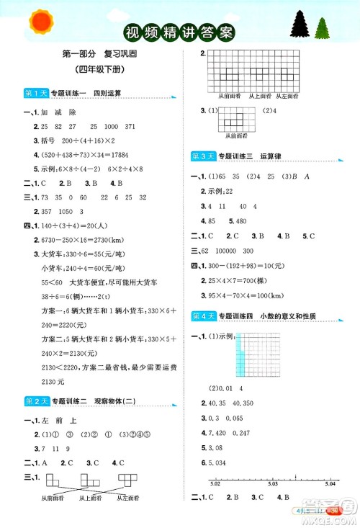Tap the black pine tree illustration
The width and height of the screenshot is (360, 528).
pyautogui.click(x=300, y=26)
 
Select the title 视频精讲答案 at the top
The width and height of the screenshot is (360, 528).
pyautogui.click(x=179, y=32)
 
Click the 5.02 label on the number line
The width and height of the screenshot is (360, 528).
pyautogui.click(x=214, y=485)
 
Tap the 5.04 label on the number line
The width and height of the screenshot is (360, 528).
pyautogui.click(x=329, y=485)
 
